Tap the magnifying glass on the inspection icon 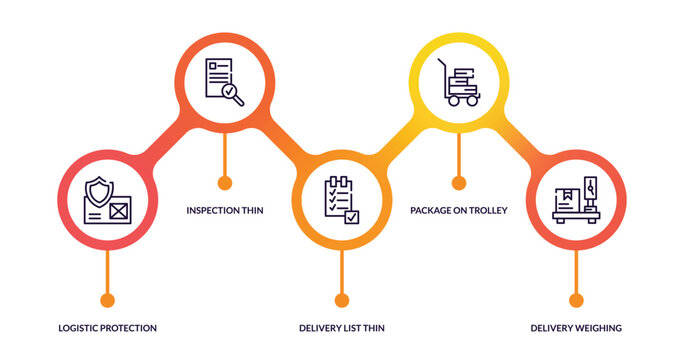[x=232, y=92]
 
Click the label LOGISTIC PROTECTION [x=107, y=328]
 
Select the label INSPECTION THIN [x=225, y=211]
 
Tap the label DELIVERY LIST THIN [x=342, y=328]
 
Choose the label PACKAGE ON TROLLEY [x=459, y=211]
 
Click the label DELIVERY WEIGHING [x=576, y=328]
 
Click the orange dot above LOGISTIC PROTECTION [x=107, y=300]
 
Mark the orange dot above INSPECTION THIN [x=225, y=183]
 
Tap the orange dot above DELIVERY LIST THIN [x=342, y=300]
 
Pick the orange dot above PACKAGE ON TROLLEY [x=459, y=183]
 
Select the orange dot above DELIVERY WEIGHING [x=576, y=300]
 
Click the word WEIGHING [x=597, y=328]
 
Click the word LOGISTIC [x=80, y=328]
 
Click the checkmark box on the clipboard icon [x=351, y=215]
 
